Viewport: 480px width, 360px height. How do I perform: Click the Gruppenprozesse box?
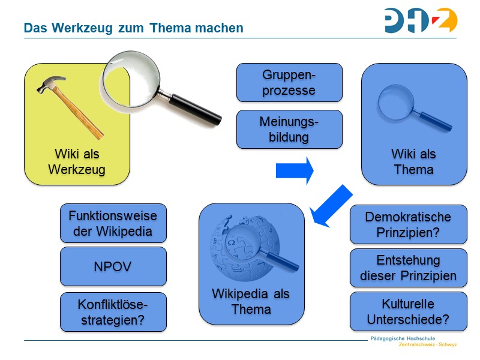point(289,83)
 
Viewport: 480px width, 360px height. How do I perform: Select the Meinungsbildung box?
point(289,129)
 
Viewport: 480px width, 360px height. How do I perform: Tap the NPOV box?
point(113,266)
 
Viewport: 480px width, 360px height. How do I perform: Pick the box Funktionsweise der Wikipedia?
point(113,223)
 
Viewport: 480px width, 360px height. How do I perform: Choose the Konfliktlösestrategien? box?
point(113,311)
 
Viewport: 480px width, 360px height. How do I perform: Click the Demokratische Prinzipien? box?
point(408,224)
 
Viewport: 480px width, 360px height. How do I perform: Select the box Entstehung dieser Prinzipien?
point(408,268)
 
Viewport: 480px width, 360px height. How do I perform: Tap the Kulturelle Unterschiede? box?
point(408,311)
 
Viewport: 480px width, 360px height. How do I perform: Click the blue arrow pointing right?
point(295,170)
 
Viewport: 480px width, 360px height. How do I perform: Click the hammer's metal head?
point(50,85)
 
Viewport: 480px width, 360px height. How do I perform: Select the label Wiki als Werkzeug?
point(77,162)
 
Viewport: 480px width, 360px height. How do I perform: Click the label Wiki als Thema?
point(413,161)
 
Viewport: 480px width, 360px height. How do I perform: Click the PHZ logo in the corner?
point(421,20)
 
